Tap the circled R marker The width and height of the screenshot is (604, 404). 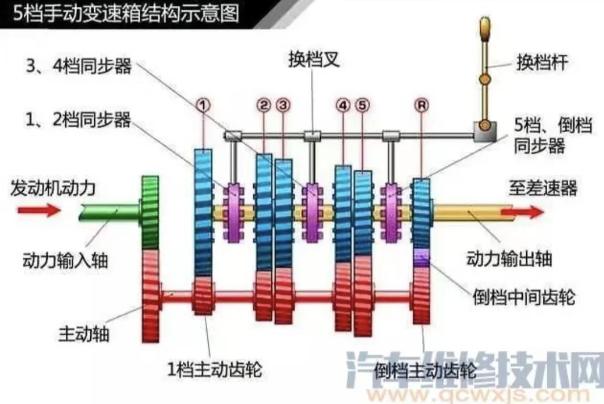421,105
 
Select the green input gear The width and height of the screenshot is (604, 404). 150,212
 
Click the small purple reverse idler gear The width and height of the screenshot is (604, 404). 421,258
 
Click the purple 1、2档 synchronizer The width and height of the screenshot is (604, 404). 233,213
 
